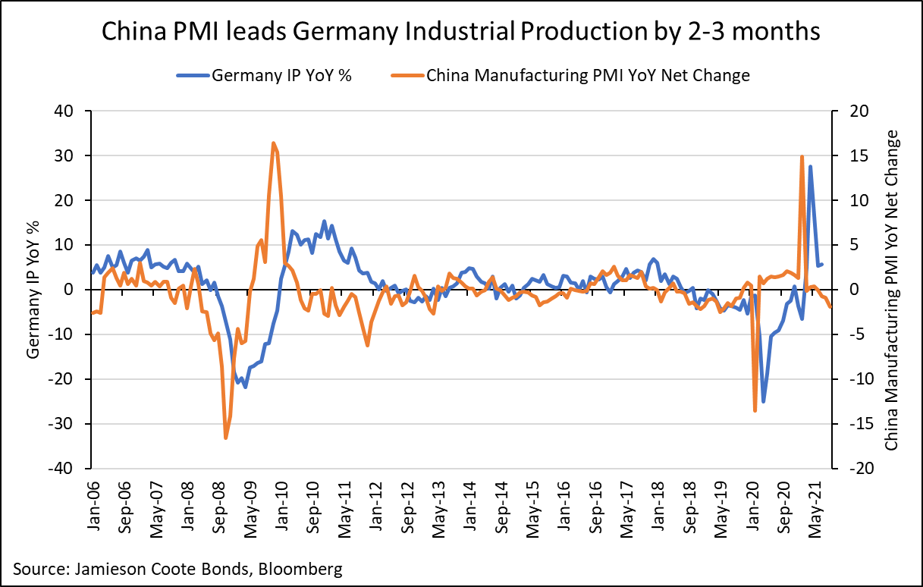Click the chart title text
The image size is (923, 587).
[x=461, y=32]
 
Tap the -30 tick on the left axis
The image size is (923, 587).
[x=71, y=424]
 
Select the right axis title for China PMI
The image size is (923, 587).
[x=892, y=290]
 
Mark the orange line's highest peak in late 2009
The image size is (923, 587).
[x=273, y=143]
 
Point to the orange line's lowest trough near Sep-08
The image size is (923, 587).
[x=226, y=438]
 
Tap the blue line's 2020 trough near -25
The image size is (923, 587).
[x=763, y=401]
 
